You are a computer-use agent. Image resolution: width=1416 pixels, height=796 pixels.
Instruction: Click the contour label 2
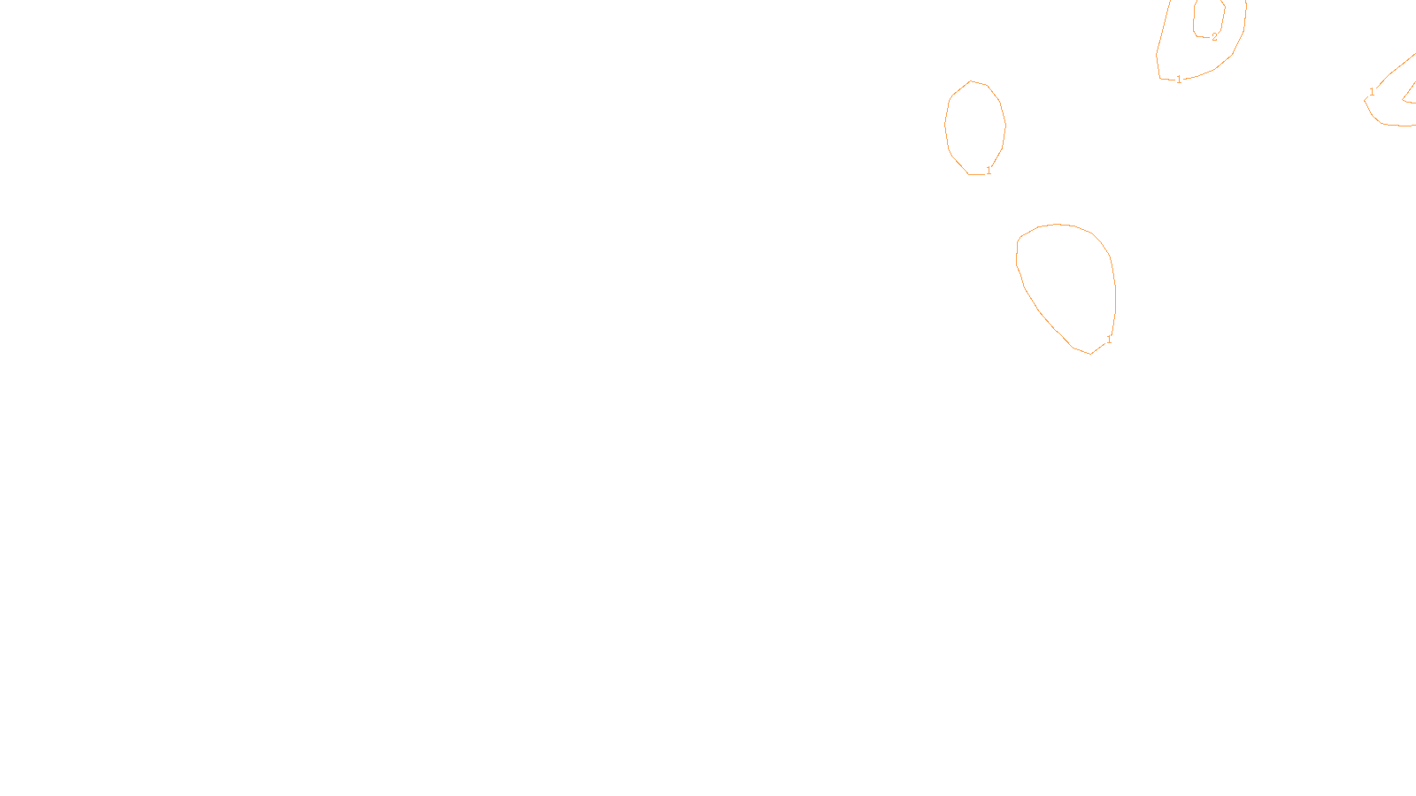pos(1214,37)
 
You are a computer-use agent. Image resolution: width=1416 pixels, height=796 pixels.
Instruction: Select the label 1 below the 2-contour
pos(1179,80)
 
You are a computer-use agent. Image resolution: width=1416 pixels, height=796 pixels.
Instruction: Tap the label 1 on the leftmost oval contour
pos(989,171)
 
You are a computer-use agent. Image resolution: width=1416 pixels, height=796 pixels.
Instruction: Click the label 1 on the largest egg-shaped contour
pos(1109,340)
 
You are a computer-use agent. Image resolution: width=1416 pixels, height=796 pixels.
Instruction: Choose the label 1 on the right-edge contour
pos(1372,92)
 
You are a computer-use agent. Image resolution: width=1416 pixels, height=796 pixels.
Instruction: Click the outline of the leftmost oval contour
pos(946,124)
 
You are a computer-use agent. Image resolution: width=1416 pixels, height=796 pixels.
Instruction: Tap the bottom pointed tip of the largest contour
pos(1090,354)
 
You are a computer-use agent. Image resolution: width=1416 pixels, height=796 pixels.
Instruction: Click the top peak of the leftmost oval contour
pos(972,81)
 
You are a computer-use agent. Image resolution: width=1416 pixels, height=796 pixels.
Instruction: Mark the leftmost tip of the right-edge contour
pos(1365,100)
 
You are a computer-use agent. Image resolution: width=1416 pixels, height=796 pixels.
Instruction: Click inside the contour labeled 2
pos(1209,16)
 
